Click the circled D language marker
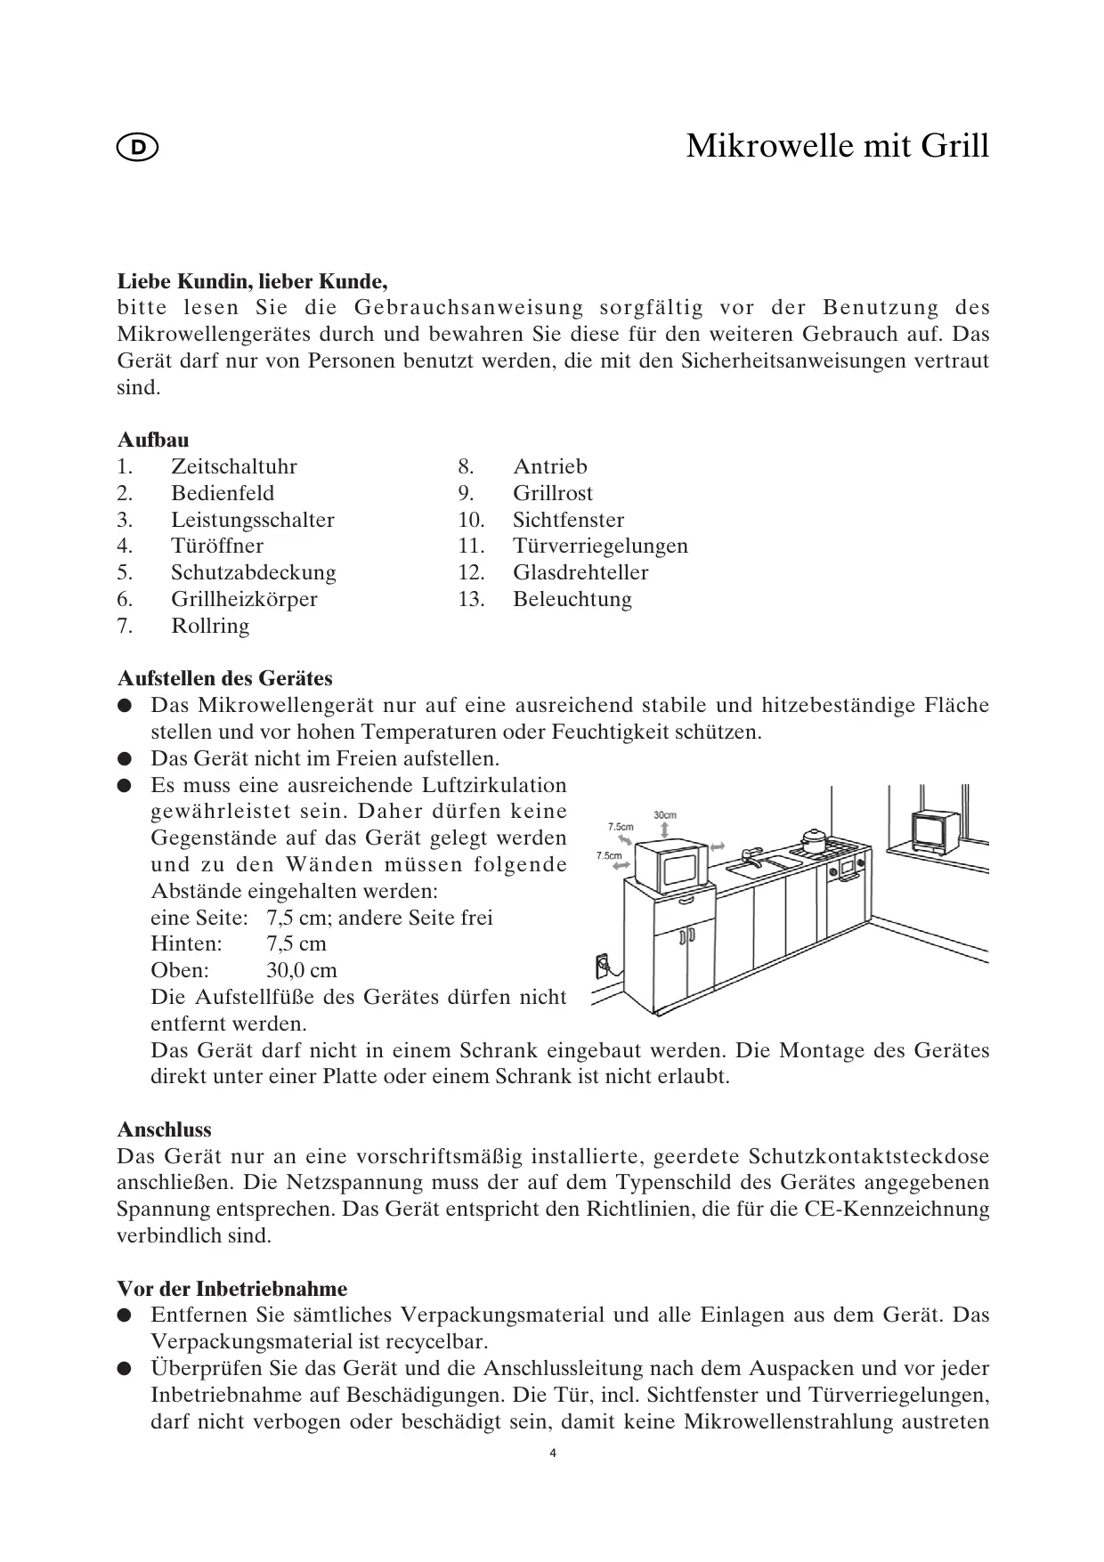point(137,148)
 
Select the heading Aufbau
point(153,440)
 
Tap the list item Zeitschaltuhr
point(233,466)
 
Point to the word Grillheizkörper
point(244,599)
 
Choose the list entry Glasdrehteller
point(580,572)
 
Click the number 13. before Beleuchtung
point(471,599)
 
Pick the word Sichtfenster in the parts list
point(568,520)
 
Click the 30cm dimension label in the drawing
point(665,814)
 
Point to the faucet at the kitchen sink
point(750,854)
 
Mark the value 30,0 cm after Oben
point(301,970)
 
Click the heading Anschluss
point(165,1129)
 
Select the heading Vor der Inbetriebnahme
point(232,1289)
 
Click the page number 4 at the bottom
point(552,1453)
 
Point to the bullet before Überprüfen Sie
point(126,1368)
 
